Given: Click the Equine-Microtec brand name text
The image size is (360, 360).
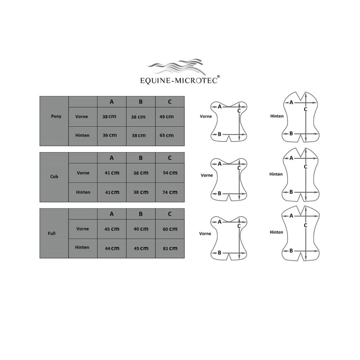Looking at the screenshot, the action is click(179, 81).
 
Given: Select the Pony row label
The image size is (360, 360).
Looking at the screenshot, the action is click(56, 116).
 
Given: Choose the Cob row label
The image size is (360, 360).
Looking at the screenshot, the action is click(54, 176).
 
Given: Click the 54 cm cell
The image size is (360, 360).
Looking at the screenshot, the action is click(170, 173).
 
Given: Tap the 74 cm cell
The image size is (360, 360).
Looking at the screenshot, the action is click(170, 192).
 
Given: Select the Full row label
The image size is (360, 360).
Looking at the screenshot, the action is click(51, 234).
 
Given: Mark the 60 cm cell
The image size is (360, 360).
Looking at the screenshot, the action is click(170, 229).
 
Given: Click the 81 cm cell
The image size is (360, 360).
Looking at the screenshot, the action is click(170, 248).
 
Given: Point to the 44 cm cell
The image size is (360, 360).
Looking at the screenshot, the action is click(112, 248).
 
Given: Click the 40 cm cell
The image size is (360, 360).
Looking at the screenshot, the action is click(141, 229).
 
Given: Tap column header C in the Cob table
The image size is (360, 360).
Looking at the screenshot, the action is click(170, 158).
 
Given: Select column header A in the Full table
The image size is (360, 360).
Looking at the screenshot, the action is click(112, 214).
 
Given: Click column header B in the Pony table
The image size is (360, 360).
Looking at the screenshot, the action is click(141, 102).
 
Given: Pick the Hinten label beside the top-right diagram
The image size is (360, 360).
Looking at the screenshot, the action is click(277, 116).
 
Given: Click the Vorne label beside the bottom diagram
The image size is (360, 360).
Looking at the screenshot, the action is click(205, 234).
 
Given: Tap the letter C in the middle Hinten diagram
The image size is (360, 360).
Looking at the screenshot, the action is click(305, 167).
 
